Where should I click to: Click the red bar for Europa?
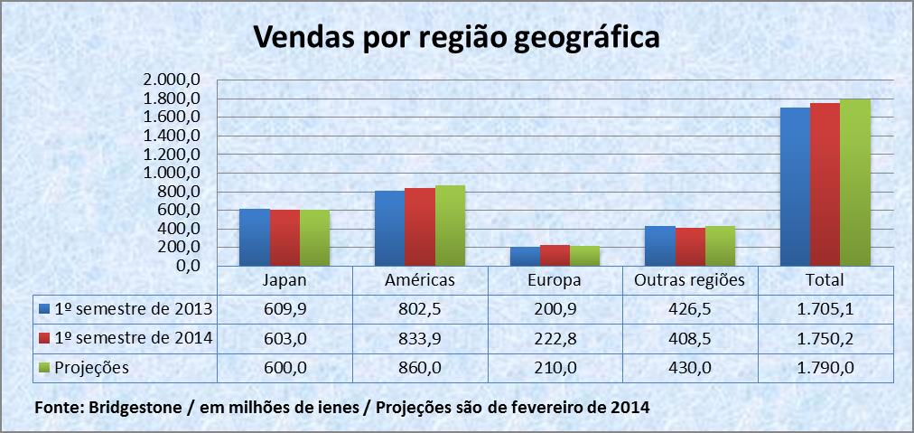pyautogui.click(x=555, y=255)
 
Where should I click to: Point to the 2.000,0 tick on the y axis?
pyautogui.click(x=170, y=80)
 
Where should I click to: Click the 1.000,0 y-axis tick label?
pyautogui.click(x=170, y=173)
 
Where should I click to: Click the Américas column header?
pyautogui.click(x=419, y=280)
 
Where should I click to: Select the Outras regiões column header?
pyautogui.click(x=689, y=280)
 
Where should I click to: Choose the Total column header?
pyautogui.click(x=825, y=280)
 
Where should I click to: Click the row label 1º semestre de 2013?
pyautogui.click(x=132, y=309)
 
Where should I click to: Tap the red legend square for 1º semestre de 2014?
pyautogui.click(x=42, y=339)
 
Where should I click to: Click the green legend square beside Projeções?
pyautogui.click(x=42, y=368)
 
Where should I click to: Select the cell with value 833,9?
pyautogui.click(x=419, y=339)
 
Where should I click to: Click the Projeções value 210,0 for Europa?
pyautogui.click(x=555, y=368)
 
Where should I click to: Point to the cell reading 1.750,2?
pyautogui.click(x=825, y=339)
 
